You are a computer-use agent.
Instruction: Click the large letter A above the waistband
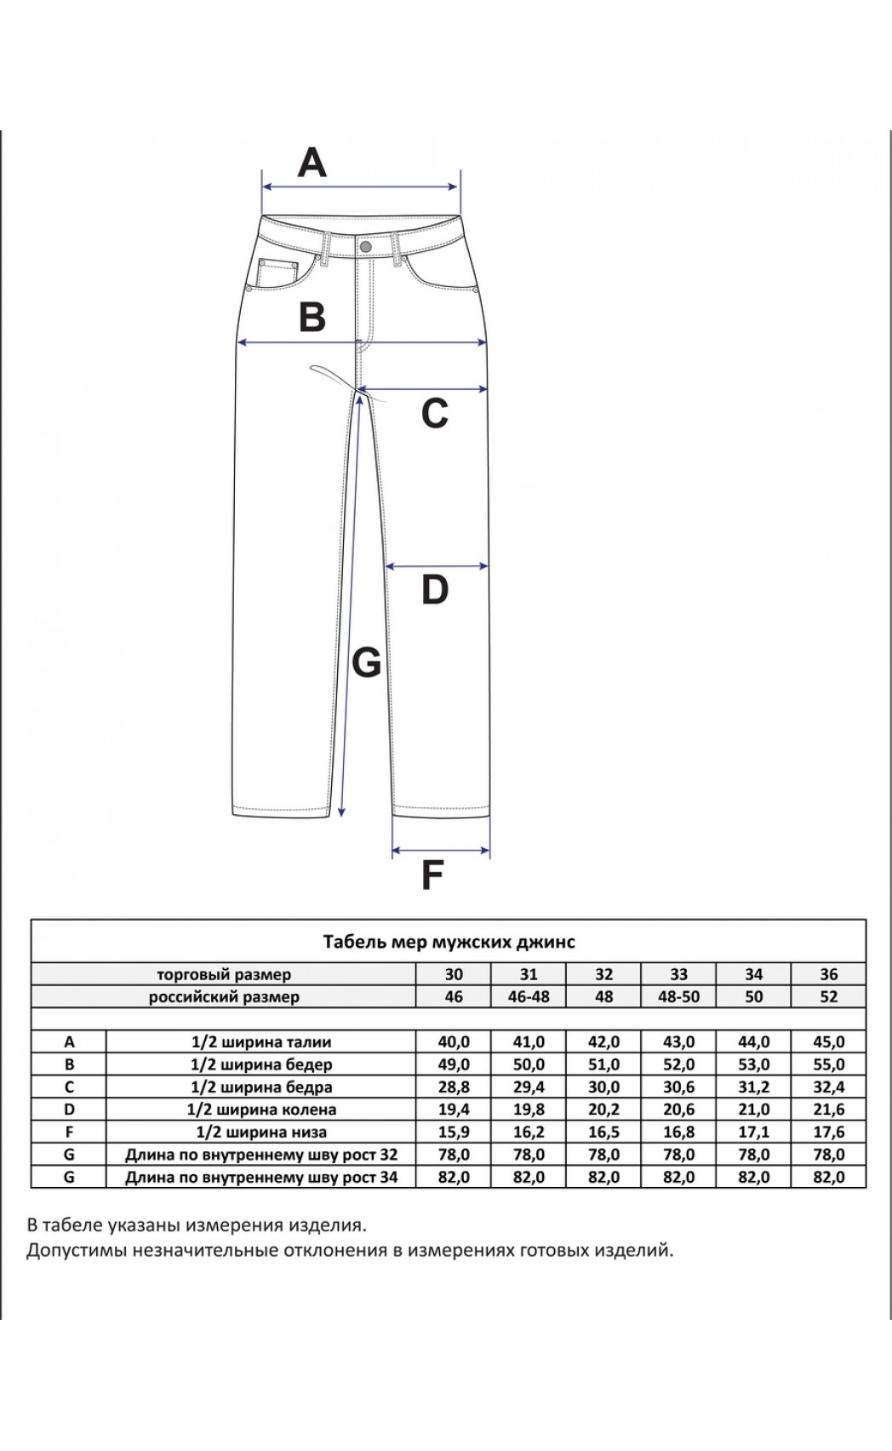point(312,162)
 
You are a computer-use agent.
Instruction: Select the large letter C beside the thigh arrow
point(434,414)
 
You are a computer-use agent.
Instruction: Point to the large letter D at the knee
point(434,589)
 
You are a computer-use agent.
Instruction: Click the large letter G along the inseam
point(366,662)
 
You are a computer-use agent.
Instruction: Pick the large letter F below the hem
point(433,875)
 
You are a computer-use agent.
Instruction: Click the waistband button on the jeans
point(366,246)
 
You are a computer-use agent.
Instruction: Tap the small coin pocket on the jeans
point(276,272)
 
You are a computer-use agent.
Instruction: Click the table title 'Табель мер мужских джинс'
point(449,942)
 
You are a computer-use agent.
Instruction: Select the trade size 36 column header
point(828,974)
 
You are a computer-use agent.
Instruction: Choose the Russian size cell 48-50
point(678,996)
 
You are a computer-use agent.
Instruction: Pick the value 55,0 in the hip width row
point(828,1064)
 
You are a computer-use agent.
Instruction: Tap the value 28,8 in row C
point(454,1087)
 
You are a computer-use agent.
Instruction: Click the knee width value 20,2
point(603,1110)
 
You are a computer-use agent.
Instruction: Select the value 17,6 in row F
point(828,1132)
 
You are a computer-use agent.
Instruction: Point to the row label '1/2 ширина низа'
point(261,1132)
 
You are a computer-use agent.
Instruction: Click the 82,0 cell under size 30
point(454,1177)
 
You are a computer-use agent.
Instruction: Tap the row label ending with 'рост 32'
point(261,1155)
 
